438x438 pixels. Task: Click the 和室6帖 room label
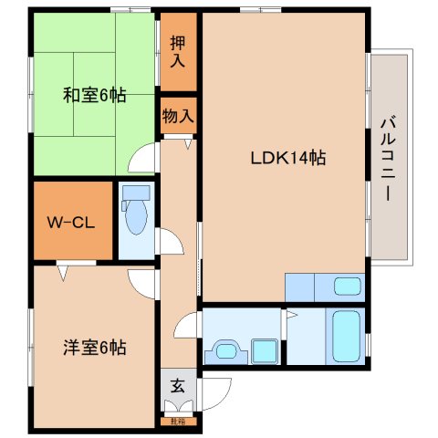point(94,94)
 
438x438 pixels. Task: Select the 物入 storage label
point(177,115)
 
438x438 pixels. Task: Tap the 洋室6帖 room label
point(94,347)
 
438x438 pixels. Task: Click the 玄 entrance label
point(178,385)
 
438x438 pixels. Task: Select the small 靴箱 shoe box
point(178,421)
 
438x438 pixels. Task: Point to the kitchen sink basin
point(347,287)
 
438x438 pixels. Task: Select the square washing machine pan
point(265,348)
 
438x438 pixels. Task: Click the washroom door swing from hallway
point(185,324)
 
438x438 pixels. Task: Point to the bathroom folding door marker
point(290,317)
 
